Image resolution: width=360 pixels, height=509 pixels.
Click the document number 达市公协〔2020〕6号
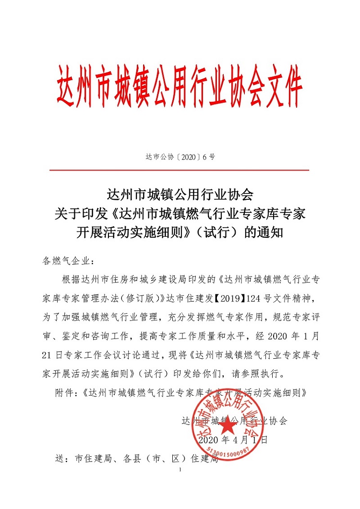point(179,157)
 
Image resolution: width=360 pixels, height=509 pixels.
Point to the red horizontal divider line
point(179,170)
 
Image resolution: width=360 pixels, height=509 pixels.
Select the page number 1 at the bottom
point(180,470)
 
